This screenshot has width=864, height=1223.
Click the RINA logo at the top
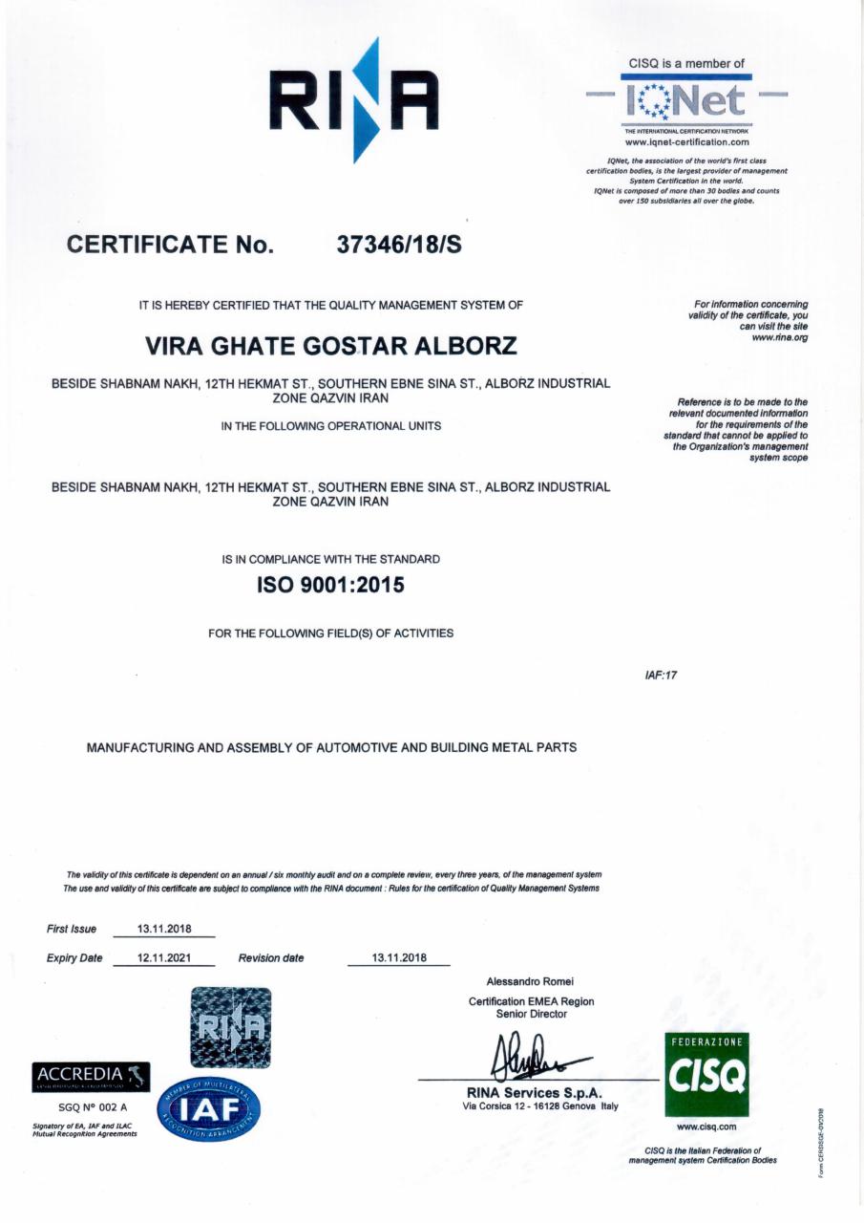pyautogui.click(x=353, y=99)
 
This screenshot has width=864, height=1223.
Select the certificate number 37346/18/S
pyautogui.click(x=399, y=245)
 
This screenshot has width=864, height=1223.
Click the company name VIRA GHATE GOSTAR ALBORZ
pyautogui.click(x=330, y=344)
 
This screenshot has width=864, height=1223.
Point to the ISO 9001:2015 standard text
pyautogui.click(x=330, y=586)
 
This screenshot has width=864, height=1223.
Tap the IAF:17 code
pyautogui.click(x=661, y=676)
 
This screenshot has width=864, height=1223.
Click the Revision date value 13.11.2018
pyautogui.click(x=398, y=957)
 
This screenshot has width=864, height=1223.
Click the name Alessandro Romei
pyautogui.click(x=531, y=981)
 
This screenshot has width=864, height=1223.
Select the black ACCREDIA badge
pyautogui.click(x=92, y=1076)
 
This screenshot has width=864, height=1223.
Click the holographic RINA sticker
pyautogui.click(x=230, y=1027)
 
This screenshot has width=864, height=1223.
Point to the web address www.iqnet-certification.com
pyautogui.click(x=686, y=141)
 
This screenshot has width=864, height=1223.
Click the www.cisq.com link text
pyautogui.click(x=706, y=1127)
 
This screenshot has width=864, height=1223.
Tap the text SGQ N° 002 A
pyautogui.click(x=86, y=1106)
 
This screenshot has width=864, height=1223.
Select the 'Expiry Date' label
pyautogui.click(x=74, y=957)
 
